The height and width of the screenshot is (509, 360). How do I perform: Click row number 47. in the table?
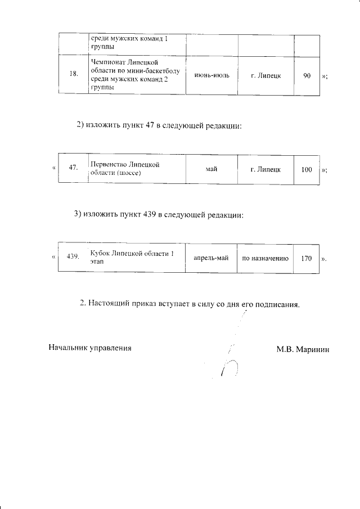click(x=73, y=168)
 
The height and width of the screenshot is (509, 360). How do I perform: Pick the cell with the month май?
click(x=211, y=168)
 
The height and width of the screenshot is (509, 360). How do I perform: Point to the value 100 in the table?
click(x=307, y=168)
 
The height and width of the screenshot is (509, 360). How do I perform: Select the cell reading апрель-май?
click(x=210, y=258)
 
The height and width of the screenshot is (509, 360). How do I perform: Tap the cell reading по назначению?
click(x=265, y=258)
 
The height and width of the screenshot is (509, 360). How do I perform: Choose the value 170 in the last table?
click(x=307, y=258)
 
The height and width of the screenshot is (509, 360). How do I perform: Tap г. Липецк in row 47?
click(x=266, y=168)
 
